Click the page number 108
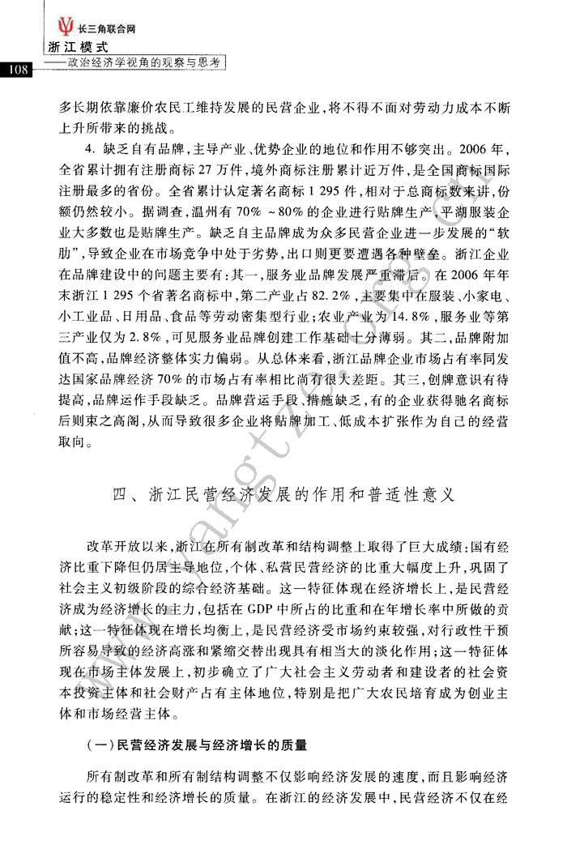point(16,70)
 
